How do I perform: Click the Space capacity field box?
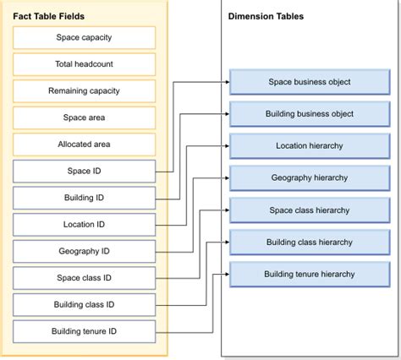pyautogui.click(x=84, y=38)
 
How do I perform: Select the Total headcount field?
pyautogui.click(x=84, y=64)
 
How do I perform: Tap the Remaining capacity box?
pyautogui.click(x=84, y=91)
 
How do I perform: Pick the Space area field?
pyautogui.click(x=84, y=117)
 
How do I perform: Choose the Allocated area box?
pyautogui.click(x=84, y=145)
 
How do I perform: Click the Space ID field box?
pyautogui.click(x=84, y=172)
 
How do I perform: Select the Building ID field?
pyautogui.click(x=84, y=198)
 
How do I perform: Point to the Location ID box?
pyautogui.click(x=84, y=225)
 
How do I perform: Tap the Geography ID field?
pyautogui.click(x=84, y=252)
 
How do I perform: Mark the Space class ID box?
pyautogui.click(x=84, y=278)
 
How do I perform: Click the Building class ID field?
pyautogui.click(x=84, y=304)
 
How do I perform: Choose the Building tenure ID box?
pyautogui.click(x=84, y=331)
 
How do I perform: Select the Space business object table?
pyautogui.click(x=309, y=82)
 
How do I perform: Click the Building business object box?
pyautogui.click(x=309, y=114)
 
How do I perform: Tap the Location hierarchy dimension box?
pyautogui.click(x=309, y=146)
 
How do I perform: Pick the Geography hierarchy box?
pyautogui.click(x=309, y=178)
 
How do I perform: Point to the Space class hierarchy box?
pyautogui.click(x=309, y=210)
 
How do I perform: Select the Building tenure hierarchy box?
pyautogui.click(x=309, y=274)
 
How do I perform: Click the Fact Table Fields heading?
pyautogui.click(x=48, y=15)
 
